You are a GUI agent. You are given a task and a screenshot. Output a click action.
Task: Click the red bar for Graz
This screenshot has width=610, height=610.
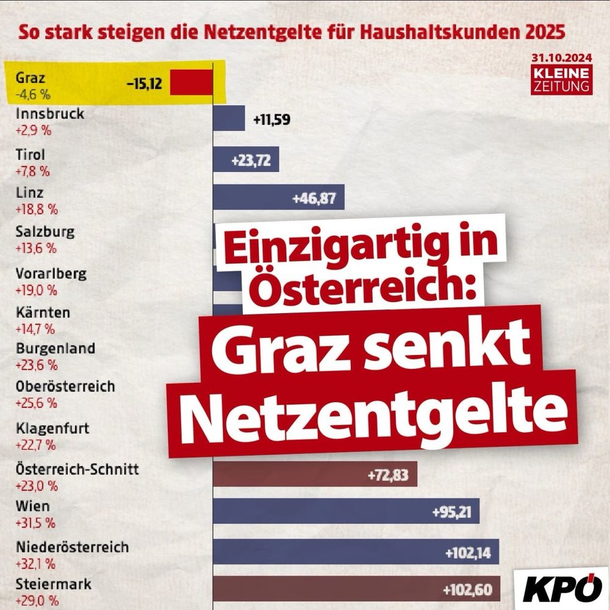pyautogui.click(x=191, y=82)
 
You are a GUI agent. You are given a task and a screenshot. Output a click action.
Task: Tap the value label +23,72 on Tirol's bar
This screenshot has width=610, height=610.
pyautogui.click(x=251, y=160)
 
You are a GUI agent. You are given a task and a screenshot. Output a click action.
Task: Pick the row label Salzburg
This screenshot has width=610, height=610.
pyautogui.click(x=45, y=232)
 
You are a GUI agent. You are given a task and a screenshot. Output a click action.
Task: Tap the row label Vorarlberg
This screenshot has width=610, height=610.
pyautogui.click(x=51, y=273)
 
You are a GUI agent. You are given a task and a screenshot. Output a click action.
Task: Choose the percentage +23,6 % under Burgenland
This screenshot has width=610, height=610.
pyautogui.click(x=37, y=365)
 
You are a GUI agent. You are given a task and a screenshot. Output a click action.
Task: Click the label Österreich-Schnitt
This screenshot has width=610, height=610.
pyautogui.click(x=77, y=469)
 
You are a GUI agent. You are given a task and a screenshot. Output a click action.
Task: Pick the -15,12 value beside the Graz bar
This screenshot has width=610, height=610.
pyautogui.click(x=145, y=84)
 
